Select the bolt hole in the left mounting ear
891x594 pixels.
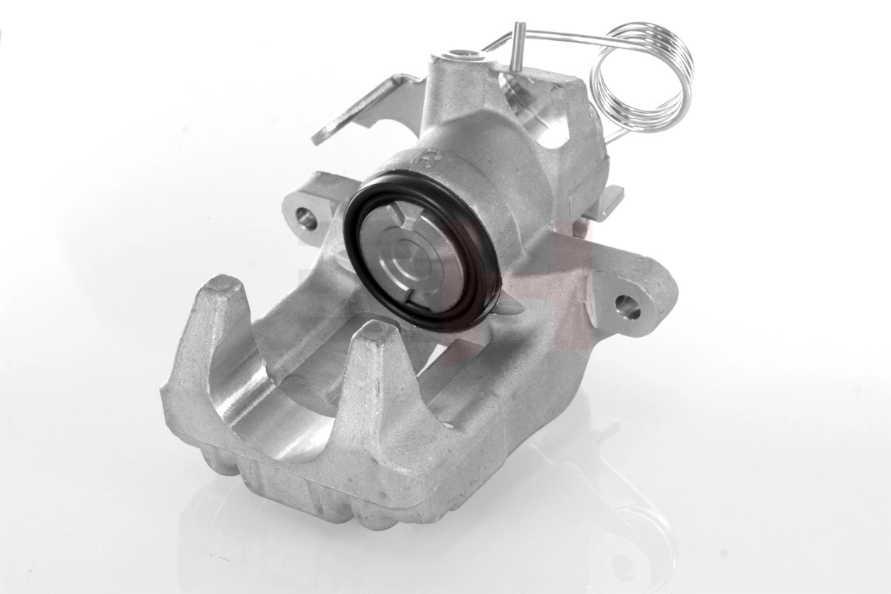[x=304, y=217]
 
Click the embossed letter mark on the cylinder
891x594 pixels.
[x=430, y=158]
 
